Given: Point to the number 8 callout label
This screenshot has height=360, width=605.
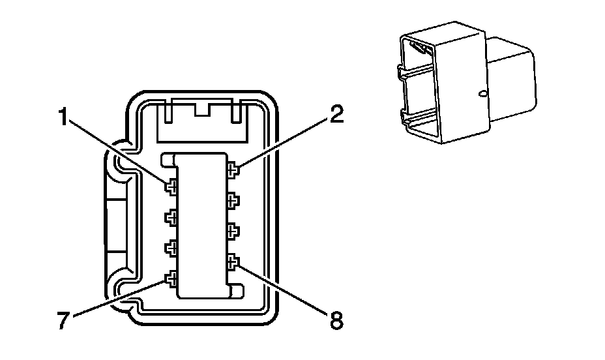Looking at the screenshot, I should point(335,321).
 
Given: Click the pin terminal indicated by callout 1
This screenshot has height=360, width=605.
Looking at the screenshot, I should point(171,188).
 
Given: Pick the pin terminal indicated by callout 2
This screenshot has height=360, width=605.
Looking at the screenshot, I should point(233,170).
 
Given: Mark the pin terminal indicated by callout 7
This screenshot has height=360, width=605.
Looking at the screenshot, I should point(171,280).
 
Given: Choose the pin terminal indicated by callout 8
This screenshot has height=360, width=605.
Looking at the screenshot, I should point(233,263).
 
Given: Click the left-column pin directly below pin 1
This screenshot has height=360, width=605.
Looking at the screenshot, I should point(171,218).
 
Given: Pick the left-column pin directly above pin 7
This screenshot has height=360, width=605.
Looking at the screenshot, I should point(171,248).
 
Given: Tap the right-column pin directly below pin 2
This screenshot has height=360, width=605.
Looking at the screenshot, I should point(233,200).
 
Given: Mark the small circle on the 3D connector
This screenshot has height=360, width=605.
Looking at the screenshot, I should point(483,95).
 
